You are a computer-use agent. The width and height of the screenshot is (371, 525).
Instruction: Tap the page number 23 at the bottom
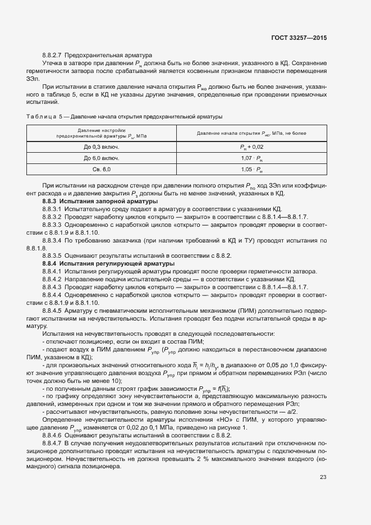(323, 494)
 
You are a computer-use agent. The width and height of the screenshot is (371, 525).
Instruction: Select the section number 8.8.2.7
(52, 56)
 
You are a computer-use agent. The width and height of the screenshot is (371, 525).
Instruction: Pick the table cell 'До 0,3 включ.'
(102, 147)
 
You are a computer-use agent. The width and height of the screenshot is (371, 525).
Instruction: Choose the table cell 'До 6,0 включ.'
(102, 158)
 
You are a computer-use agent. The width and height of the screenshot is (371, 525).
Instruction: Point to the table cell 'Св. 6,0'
(102, 169)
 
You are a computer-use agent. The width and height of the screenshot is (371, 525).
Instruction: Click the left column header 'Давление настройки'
(102, 130)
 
